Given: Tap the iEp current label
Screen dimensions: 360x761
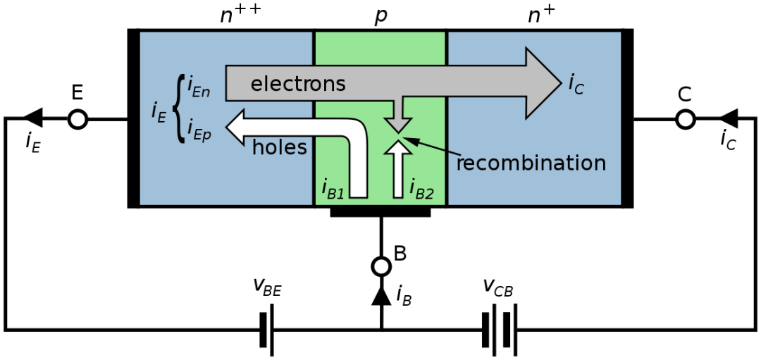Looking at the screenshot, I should (199, 130).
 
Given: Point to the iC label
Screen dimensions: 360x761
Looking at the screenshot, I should (576, 84).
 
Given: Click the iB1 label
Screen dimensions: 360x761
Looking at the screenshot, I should (333, 188).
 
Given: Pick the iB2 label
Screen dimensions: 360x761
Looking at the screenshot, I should (421, 189).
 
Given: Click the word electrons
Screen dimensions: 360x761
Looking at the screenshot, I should (298, 84).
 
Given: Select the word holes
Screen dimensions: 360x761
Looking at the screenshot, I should (279, 147).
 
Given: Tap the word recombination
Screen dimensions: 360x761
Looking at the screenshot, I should (531, 163).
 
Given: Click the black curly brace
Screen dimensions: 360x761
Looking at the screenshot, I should (179, 108).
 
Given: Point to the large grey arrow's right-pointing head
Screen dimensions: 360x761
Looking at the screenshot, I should (543, 82).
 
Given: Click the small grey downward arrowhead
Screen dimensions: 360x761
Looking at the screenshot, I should (398, 124).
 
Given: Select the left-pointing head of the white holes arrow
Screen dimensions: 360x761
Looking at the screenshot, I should (235, 127).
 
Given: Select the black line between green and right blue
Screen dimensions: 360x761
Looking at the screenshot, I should (447, 176).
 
